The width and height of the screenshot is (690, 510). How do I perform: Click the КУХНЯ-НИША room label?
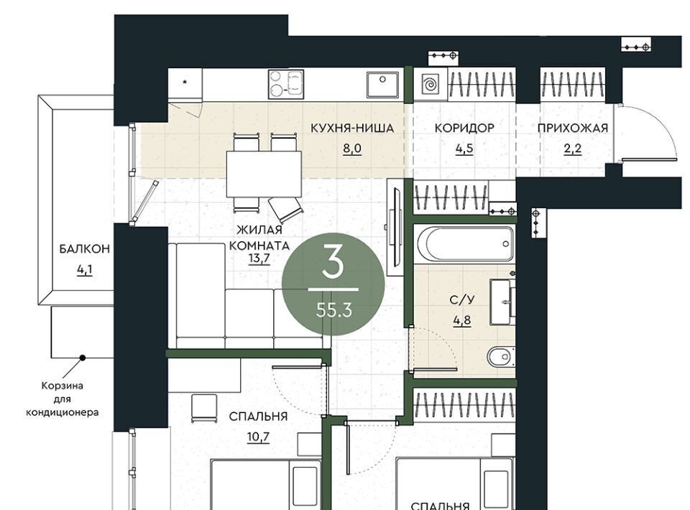(x=352, y=129)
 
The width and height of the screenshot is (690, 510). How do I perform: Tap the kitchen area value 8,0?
(x=352, y=149)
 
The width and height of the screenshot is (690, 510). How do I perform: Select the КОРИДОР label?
(x=464, y=129)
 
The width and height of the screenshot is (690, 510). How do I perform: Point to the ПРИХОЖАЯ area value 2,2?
(x=573, y=149)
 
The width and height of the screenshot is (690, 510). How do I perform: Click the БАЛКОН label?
(x=85, y=249)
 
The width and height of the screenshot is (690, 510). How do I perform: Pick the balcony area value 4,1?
(x=85, y=269)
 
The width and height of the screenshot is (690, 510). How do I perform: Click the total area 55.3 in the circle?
(x=334, y=310)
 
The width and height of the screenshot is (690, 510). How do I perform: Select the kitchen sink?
(x=382, y=85)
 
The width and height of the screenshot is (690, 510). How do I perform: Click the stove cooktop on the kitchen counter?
(x=286, y=85)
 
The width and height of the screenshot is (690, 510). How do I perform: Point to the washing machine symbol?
(x=431, y=83)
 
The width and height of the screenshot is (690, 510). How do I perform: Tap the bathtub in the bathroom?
(x=465, y=244)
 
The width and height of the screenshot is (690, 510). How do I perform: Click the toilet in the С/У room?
(x=500, y=356)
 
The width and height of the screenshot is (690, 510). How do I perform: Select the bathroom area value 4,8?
(x=462, y=320)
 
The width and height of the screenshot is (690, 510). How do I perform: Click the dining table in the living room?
(x=264, y=174)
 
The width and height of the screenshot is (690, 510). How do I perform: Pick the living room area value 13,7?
(x=259, y=259)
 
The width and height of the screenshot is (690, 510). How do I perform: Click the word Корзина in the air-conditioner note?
(x=62, y=386)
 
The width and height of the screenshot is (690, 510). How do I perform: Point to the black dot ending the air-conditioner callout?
(x=82, y=358)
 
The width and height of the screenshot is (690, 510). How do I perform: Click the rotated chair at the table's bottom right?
(x=286, y=208)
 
